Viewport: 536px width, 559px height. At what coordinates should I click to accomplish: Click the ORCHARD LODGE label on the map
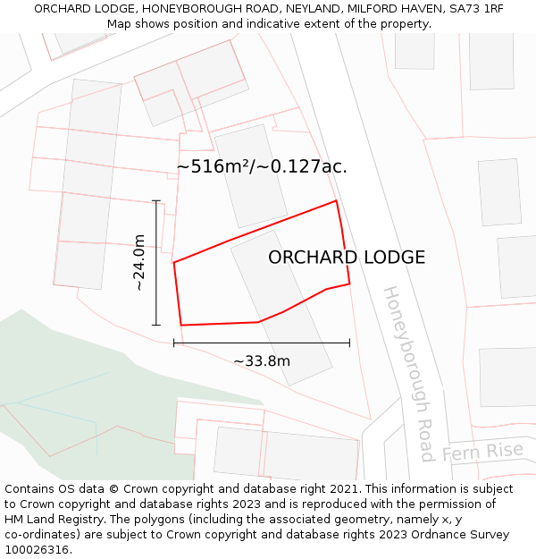tap(347, 258)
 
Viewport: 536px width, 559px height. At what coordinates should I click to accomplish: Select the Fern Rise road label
tap(482, 452)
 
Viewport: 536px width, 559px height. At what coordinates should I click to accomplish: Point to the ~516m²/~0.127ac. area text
tap(262, 166)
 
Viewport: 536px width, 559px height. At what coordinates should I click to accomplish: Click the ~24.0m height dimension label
tap(139, 262)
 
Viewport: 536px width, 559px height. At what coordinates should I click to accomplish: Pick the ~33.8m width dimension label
tap(262, 361)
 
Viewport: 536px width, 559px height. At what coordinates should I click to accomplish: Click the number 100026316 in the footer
tap(37, 550)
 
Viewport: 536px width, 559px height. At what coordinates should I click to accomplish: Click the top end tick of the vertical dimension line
tap(156, 200)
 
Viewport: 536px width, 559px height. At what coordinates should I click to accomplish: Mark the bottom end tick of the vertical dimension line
tap(156, 325)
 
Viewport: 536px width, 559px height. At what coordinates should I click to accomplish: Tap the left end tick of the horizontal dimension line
tap(173, 343)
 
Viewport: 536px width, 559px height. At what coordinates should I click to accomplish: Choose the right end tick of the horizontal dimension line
tap(349, 343)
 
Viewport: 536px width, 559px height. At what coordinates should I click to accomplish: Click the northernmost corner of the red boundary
tap(336, 200)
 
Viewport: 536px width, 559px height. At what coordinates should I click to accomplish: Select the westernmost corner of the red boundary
tap(173, 262)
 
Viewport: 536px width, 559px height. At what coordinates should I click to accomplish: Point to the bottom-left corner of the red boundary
tap(181, 325)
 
